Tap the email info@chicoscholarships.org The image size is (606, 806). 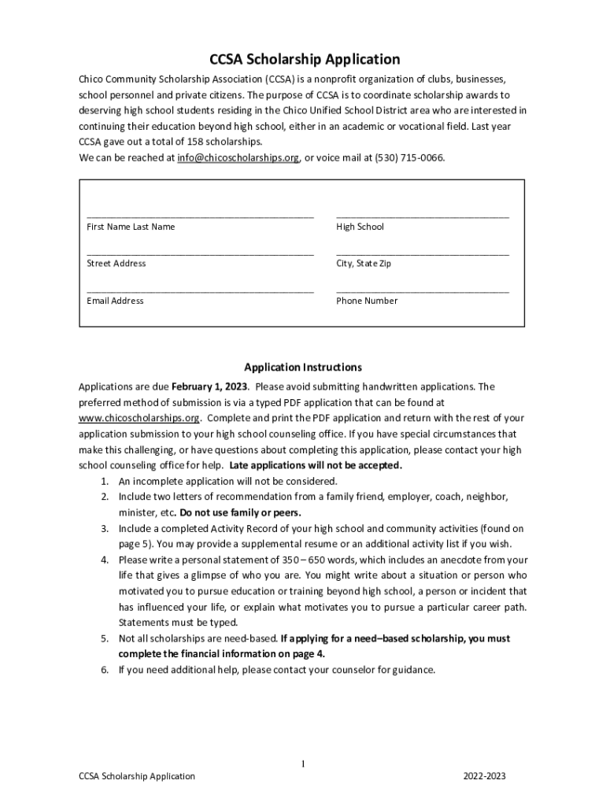pos(238,157)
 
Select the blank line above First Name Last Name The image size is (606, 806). pos(200,214)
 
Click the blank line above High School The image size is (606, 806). pos(422,214)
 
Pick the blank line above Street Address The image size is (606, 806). pos(200,252)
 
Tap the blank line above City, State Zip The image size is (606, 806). pos(422,252)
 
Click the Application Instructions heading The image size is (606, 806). pos(302,367)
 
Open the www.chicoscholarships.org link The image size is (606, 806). pos(139,418)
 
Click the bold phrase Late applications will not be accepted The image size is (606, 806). pos(316,465)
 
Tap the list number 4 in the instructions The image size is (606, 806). pos(104,560)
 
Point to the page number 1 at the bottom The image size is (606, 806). pos(303,764)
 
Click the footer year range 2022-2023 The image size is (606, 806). pos(485,776)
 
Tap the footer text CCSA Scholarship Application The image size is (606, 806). pos(137,776)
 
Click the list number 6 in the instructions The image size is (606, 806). pos(104,670)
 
